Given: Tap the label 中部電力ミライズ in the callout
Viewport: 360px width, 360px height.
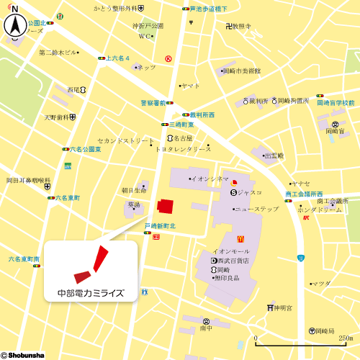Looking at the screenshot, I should (91, 293).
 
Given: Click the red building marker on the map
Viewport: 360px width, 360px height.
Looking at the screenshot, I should (166, 206).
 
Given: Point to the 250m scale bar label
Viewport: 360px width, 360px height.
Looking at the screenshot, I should (346, 338).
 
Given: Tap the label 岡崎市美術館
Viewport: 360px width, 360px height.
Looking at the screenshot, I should (241, 71).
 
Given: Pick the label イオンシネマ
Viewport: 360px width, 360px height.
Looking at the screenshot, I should (210, 178).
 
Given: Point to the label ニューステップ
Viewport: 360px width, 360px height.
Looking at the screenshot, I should (256, 209).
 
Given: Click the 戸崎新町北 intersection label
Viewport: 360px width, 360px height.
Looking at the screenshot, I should (160, 226).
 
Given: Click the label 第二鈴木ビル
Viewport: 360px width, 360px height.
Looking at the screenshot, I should (58, 53).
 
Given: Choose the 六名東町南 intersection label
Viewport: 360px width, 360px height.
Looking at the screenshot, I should (24, 258).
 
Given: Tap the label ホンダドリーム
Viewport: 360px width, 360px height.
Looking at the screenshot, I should (320, 210).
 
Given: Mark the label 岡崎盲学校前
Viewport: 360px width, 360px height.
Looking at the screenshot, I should (336, 103).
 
